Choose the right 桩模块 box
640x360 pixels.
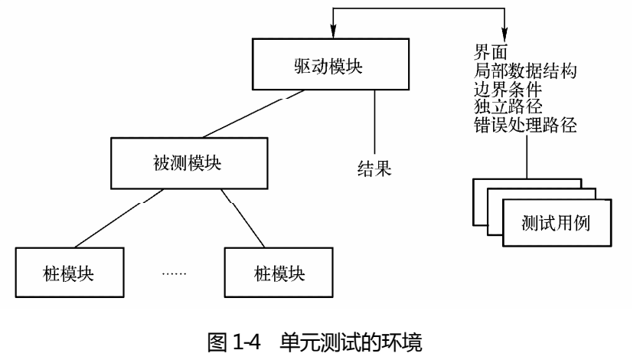(x=279, y=273)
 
